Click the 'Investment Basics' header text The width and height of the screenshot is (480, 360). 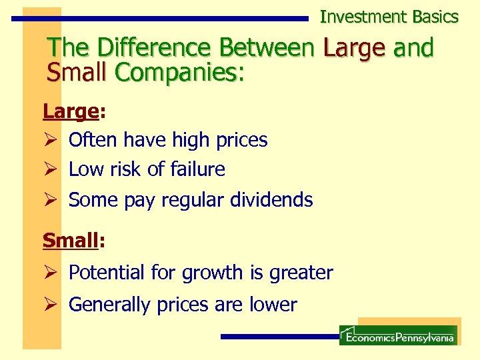click(x=389, y=17)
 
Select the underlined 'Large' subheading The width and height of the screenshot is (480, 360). click(x=70, y=111)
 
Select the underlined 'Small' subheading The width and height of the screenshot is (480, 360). click(x=70, y=240)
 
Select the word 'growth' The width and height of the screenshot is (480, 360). click(x=211, y=273)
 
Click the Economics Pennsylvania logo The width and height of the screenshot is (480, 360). click(x=398, y=335)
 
